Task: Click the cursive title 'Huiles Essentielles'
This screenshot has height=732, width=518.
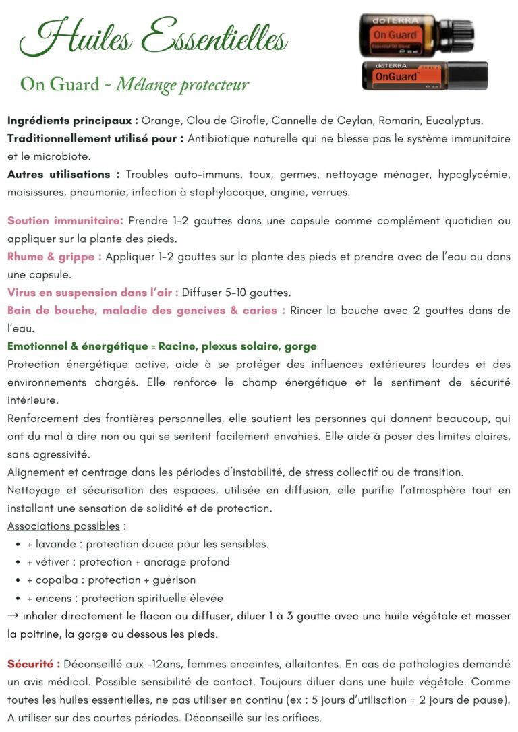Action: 154,38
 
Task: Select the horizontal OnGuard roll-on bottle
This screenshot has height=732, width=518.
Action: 425,77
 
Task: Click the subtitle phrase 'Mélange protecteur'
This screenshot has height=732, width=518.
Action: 182,85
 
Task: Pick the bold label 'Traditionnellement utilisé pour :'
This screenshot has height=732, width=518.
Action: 94,139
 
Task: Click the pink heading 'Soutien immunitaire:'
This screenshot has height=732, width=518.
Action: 65,220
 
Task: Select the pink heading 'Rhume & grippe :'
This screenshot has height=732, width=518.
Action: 55,257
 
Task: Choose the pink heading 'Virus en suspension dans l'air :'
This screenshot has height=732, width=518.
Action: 93,293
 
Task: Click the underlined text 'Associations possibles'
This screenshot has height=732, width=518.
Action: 63,526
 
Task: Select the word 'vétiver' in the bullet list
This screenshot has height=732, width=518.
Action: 55,562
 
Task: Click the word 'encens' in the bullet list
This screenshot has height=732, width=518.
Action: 55,598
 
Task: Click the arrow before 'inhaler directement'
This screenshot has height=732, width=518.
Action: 13,616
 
